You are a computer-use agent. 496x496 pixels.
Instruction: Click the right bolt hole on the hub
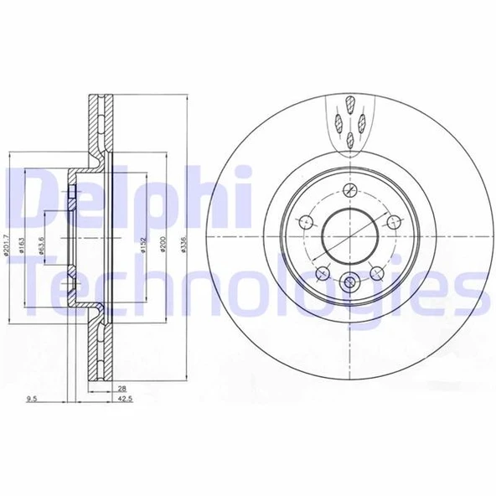pyautogui.click(x=391, y=221)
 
